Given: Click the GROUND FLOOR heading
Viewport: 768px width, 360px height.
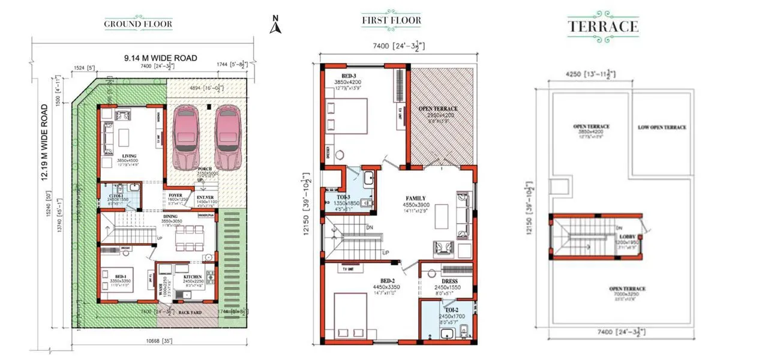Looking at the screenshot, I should tap(138, 25).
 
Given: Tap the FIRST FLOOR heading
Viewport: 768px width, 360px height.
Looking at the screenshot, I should tap(391, 20).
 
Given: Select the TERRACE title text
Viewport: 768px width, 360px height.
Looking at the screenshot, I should tap(603, 26).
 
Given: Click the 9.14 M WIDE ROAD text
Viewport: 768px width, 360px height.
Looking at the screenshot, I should tap(160, 58).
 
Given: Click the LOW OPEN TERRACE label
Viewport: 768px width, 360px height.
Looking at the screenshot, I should tap(662, 127).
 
